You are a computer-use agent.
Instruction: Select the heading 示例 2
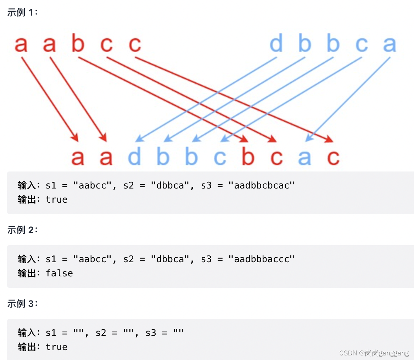(x=22, y=230)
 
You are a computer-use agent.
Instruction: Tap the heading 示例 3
(x=22, y=304)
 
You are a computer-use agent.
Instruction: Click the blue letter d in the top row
(x=276, y=44)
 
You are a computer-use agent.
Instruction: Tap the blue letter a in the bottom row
(x=304, y=157)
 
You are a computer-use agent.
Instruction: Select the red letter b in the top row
(x=78, y=44)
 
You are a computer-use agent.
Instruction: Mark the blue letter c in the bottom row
(x=220, y=157)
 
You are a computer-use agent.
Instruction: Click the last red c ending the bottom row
(x=333, y=157)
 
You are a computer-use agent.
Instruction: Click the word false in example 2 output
(x=59, y=273)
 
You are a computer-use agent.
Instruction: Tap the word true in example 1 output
(x=56, y=199)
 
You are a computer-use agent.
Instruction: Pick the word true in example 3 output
(x=56, y=347)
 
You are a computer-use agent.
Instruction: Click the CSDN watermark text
(x=374, y=353)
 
